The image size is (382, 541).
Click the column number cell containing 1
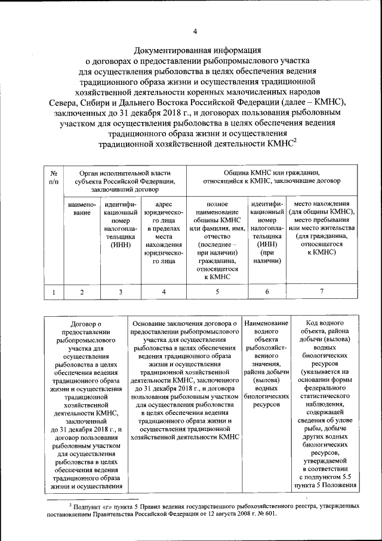pos(54,292)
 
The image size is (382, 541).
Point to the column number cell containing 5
pos(216,292)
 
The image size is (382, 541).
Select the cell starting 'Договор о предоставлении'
pos(87,404)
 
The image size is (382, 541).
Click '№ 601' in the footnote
pos(267,514)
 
